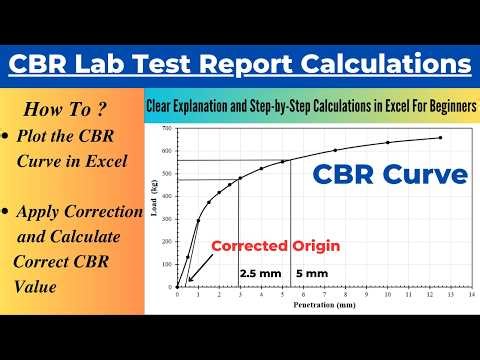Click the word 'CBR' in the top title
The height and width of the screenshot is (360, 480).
click(x=43, y=65)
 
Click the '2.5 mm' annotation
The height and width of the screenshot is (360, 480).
click(x=259, y=272)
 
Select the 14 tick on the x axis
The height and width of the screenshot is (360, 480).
click(x=471, y=296)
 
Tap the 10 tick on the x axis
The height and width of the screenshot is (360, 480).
click(x=387, y=296)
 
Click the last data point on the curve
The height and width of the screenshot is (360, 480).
click(x=440, y=138)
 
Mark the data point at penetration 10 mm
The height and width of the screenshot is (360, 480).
click(x=387, y=144)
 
